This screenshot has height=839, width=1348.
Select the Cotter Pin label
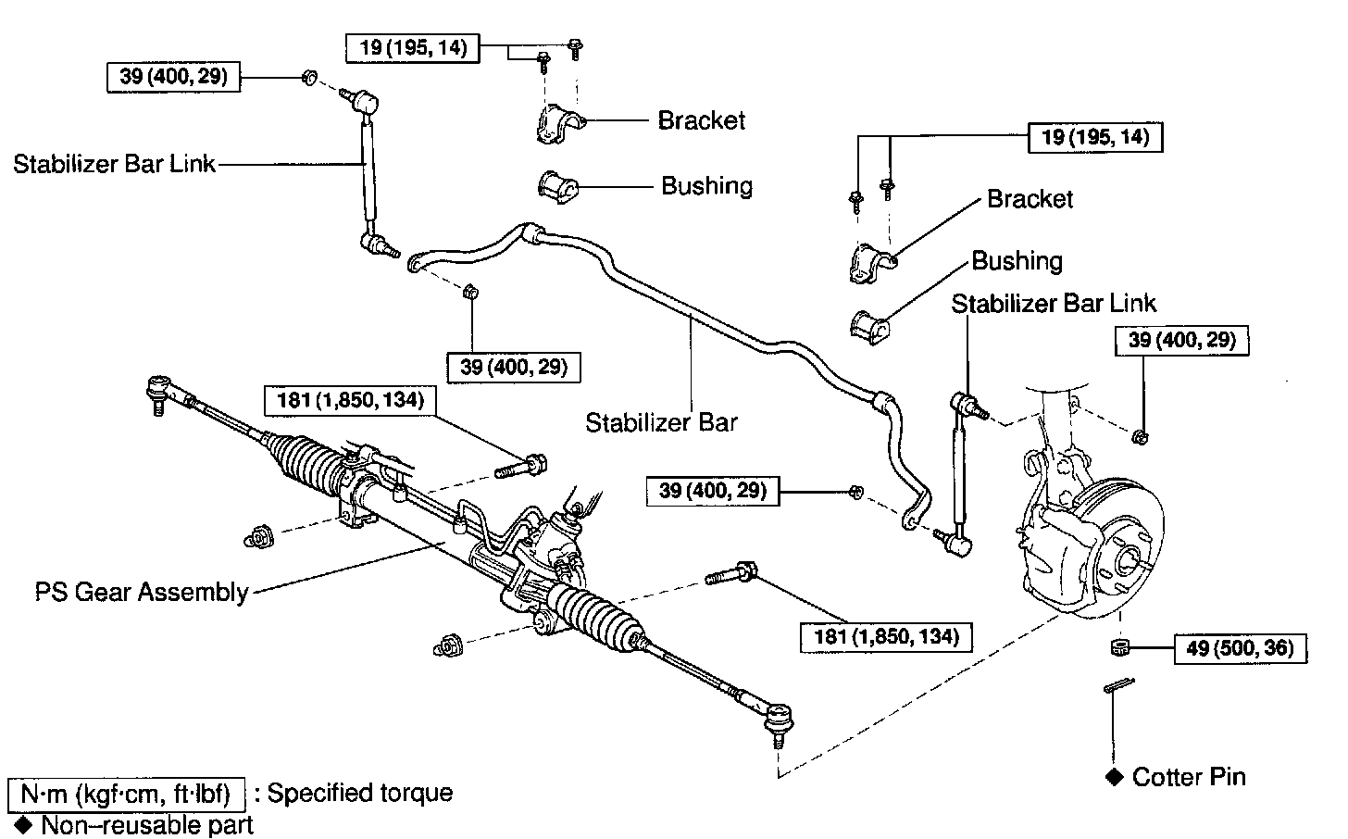(1189, 776)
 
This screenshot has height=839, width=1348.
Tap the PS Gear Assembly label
(142, 592)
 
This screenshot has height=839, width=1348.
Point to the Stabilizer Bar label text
(661, 422)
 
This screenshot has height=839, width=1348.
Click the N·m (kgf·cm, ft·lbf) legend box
(126, 794)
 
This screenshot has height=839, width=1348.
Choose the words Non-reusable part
(146, 824)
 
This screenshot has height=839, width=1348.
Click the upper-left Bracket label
(701, 120)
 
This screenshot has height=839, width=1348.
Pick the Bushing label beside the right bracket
(1017, 261)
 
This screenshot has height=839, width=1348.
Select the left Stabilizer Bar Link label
(114, 164)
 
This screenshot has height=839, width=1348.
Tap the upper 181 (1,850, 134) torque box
(350, 400)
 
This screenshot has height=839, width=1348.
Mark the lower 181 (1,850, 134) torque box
(886, 636)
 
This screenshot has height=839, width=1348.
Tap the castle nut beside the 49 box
(1118, 646)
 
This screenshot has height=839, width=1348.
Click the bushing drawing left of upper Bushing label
(557, 185)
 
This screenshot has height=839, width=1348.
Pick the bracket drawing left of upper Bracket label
(558, 123)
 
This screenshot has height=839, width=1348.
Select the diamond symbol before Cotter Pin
(1114, 776)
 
